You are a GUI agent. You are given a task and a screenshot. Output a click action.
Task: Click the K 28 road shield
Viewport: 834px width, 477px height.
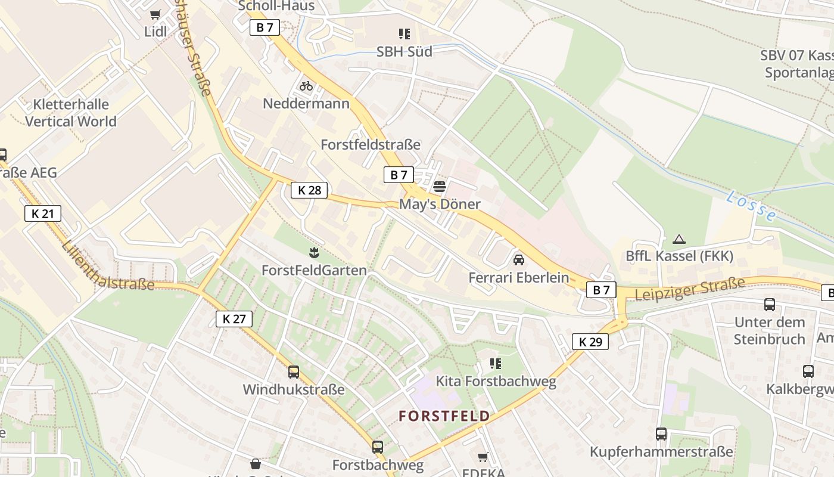[309, 190]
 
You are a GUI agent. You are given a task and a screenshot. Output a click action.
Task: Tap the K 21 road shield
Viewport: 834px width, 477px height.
[43, 213]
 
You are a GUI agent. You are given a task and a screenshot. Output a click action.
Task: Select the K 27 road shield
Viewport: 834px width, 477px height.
[234, 319]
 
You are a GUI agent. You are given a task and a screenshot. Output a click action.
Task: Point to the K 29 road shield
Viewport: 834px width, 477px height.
[590, 342]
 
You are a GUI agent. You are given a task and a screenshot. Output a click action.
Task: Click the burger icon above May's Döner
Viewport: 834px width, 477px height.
[440, 187]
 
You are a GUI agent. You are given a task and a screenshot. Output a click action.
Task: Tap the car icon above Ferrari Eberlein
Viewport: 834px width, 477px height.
[519, 260]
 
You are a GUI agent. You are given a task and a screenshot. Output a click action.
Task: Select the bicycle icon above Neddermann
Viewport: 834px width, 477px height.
[306, 86]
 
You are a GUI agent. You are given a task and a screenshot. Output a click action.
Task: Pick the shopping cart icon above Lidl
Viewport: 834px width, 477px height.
[155, 14]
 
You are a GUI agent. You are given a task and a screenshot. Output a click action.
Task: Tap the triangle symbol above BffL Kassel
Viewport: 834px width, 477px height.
[679, 239]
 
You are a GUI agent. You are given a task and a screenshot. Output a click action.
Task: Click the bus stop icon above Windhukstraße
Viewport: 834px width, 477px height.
[294, 372]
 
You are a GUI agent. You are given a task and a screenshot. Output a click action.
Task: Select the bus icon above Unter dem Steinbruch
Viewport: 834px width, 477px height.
[770, 305]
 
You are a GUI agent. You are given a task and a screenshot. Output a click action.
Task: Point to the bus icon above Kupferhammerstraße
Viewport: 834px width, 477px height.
[661, 434]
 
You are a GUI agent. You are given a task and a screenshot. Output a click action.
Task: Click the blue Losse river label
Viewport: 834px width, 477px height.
[751, 206]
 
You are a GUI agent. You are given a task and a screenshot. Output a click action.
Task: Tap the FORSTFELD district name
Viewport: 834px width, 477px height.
[444, 416]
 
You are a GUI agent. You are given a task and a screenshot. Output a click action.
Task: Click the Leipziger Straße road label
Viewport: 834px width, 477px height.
[690, 289]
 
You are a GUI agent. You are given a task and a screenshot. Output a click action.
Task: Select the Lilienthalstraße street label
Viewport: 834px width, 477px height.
[107, 267]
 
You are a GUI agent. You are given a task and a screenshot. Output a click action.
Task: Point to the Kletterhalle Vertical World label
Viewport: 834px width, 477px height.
[71, 113]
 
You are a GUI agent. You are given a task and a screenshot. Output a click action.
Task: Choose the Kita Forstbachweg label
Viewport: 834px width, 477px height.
[496, 381]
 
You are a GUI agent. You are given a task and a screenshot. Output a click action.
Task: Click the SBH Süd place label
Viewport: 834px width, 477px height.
[404, 52]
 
